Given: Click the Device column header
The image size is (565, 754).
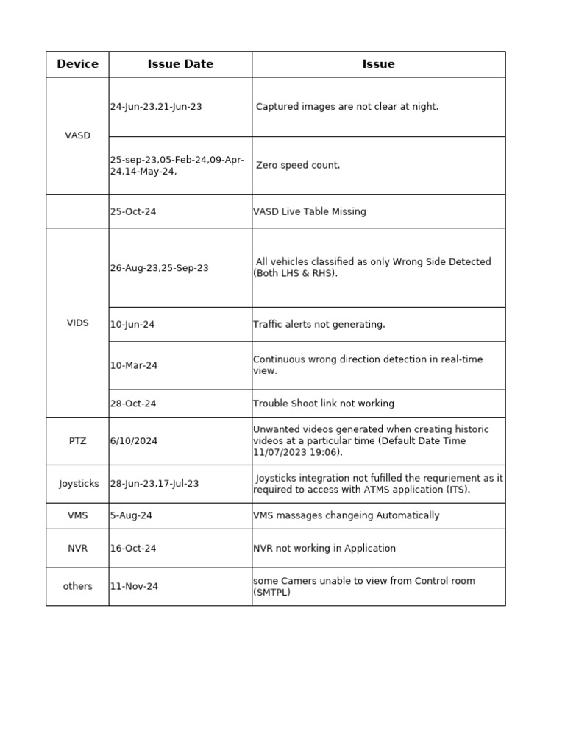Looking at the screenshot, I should coord(77,64).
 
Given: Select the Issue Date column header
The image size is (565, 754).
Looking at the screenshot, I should coord(180,64).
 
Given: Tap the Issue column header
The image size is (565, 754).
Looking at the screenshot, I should coord(378,64).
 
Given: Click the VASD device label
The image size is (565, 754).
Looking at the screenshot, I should coord(77,135).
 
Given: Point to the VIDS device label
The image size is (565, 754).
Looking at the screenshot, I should coord(77,323).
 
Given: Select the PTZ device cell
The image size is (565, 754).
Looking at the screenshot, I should coord(77,441).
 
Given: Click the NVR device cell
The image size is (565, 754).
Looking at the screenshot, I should coord(77,548).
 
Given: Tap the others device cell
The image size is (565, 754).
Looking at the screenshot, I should coord(77,586).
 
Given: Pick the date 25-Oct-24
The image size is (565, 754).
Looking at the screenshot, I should coord(133,211).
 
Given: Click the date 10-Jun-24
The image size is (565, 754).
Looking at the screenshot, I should coord(132,324).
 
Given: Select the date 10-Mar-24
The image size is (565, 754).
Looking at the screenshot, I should coord(133,365).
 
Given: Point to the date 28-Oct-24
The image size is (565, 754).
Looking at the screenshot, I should coord(133,404).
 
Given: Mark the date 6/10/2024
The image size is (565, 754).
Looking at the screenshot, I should coord(133,441).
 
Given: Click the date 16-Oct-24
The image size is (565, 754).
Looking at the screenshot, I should coord(133,548).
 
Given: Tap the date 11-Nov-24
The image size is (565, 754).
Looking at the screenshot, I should coord(134,586).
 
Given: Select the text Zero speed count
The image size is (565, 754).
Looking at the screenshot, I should coord(298,165).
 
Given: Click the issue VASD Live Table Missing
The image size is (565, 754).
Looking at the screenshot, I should coord(309,211).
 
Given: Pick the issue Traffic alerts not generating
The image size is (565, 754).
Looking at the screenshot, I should coord(319,324).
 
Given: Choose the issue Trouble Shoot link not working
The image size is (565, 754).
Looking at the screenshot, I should coord(323,404).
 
